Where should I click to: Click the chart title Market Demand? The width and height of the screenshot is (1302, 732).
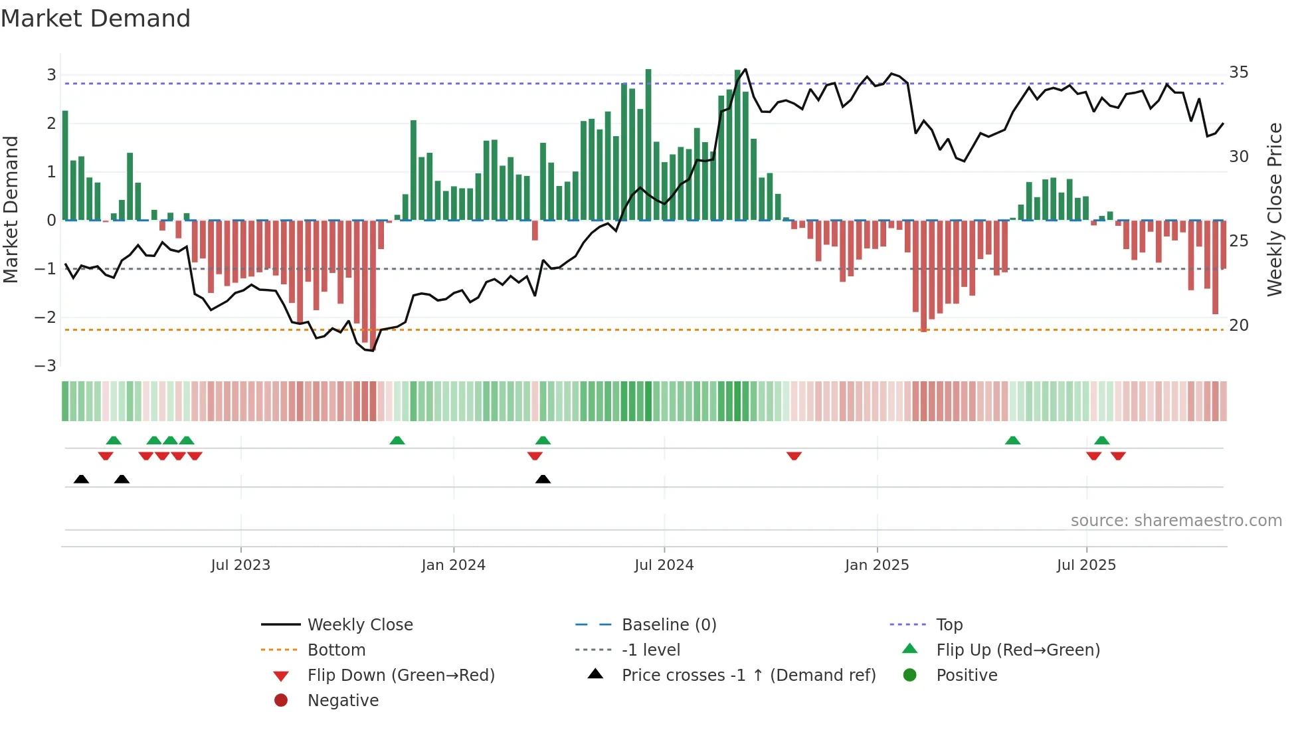coord(96,19)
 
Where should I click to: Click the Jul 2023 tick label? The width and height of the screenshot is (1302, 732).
coord(240,565)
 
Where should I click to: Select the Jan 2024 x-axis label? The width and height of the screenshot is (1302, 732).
coord(453,565)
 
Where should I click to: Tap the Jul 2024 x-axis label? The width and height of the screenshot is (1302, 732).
coord(664,565)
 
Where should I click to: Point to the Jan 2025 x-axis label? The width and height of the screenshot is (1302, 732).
coord(877,565)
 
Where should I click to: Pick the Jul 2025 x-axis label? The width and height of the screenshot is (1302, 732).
coord(1086,565)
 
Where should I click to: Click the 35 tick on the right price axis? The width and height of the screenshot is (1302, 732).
coord(1238,72)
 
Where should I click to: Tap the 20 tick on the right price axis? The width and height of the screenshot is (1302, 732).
coord(1238,325)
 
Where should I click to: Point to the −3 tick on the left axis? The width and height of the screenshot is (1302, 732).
coord(46,366)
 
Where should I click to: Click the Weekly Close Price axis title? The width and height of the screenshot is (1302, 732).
coord(1274,209)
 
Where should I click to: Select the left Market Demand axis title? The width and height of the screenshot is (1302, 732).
coord(11,209)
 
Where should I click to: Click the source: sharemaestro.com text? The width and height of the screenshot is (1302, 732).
coord(1176,521)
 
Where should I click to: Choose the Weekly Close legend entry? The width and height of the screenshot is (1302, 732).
coord(359,625)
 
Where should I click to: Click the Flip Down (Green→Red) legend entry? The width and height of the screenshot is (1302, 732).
coord(401,676)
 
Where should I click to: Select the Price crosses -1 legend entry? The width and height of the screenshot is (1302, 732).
coord(748,676)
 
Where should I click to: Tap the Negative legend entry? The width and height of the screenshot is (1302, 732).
coord(343,701)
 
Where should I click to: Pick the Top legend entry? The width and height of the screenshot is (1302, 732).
coord(949,625)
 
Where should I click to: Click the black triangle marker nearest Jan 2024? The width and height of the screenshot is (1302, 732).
coord(543,480)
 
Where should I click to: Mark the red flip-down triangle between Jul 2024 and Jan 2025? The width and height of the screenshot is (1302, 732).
coord(794,456)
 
